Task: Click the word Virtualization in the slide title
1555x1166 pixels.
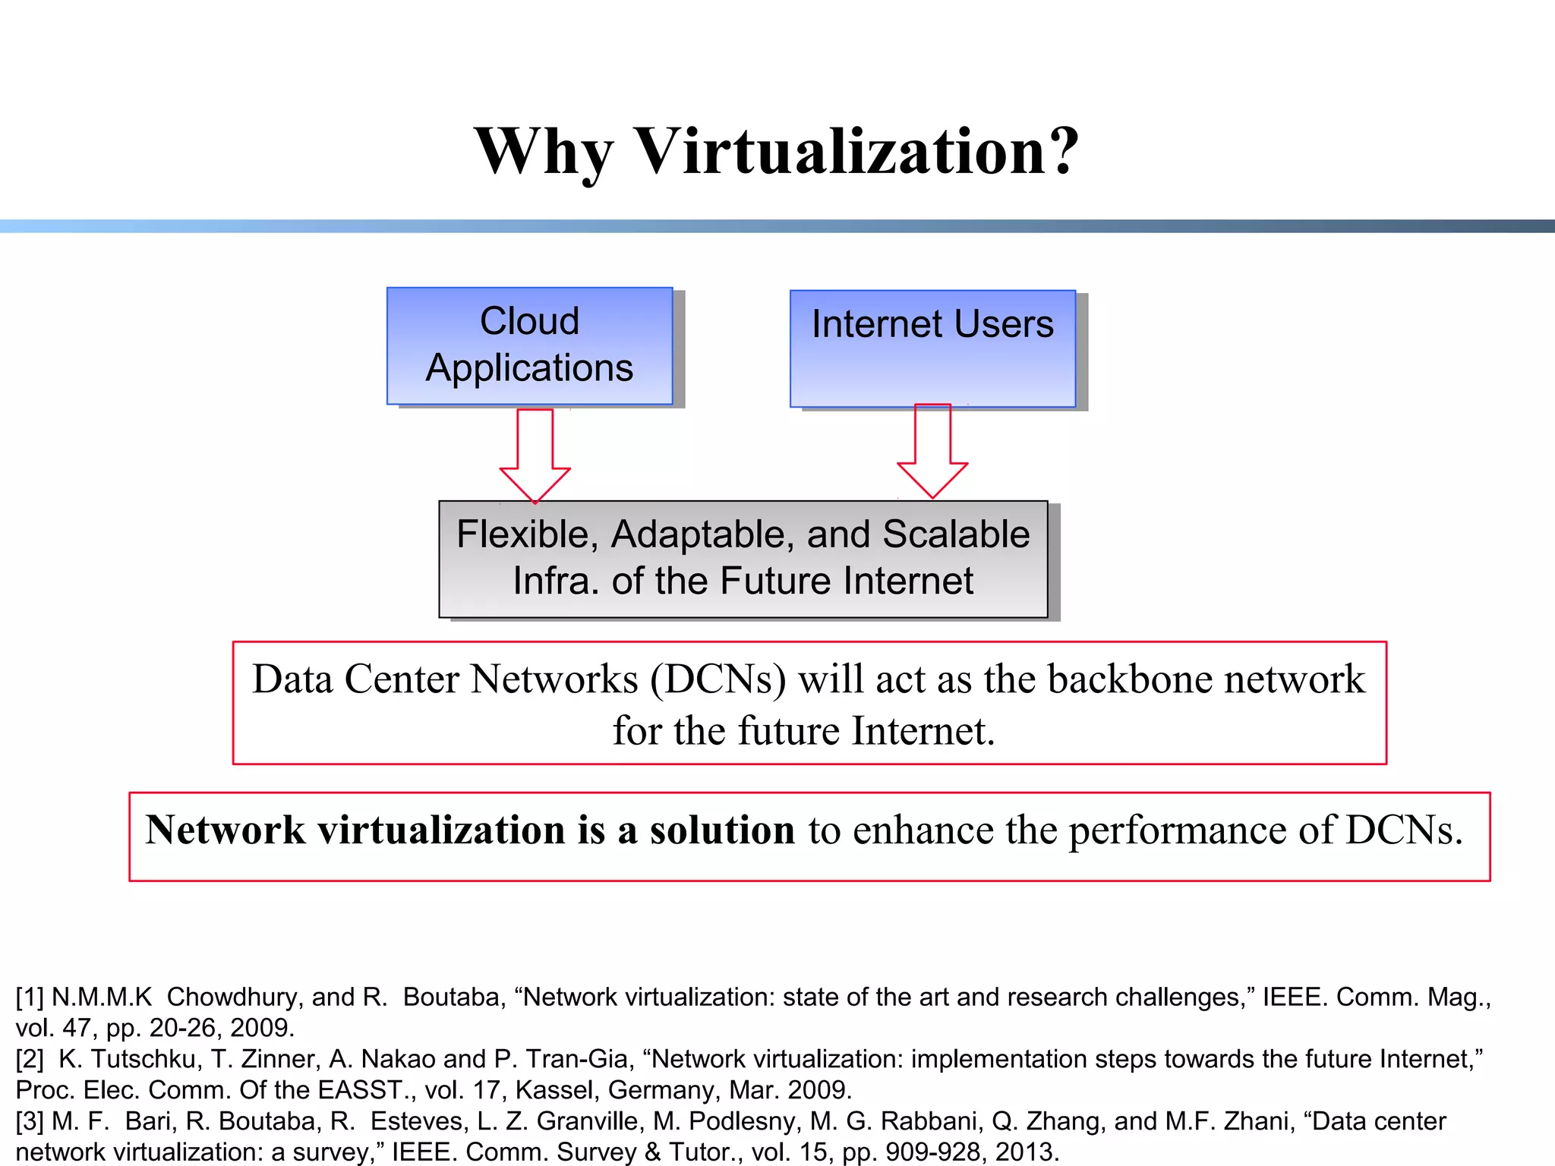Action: point(856,152)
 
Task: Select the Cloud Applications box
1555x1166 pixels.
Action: point(529,345)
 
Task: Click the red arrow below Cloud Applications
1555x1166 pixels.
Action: point(535,455)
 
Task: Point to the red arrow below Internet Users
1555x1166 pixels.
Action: point(932,451)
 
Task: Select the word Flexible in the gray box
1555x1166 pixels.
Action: point(523,534)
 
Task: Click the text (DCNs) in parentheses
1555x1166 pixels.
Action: point(718,679)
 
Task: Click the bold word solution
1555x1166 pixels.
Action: point(722,830)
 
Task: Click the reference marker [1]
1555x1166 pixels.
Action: point(30,997)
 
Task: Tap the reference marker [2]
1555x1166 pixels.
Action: point(30,1059)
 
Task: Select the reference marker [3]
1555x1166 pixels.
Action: point(30,1121)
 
